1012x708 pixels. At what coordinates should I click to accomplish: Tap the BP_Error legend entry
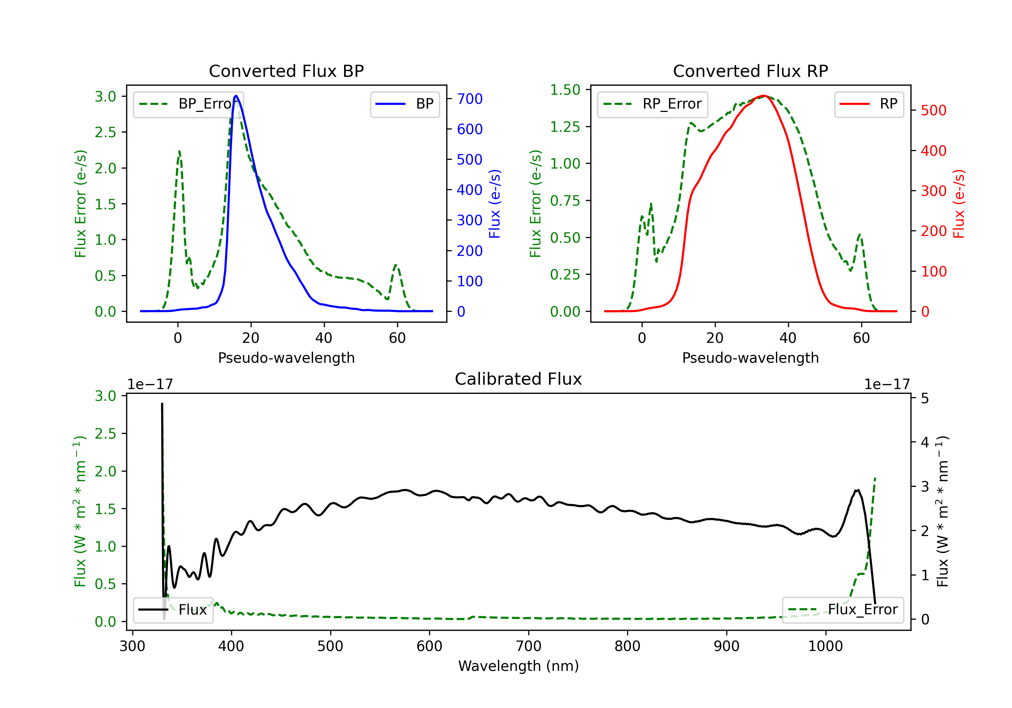[189, 104]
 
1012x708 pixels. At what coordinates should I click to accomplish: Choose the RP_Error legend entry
[652, 104]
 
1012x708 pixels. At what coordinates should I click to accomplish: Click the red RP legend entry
[869, 104]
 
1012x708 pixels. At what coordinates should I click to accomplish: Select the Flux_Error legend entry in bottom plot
[843, 610]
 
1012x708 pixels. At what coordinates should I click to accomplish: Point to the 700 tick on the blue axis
[470, 99]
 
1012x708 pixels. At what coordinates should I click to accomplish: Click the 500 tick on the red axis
[933, 111]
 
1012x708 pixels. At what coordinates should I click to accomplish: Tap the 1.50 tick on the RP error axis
[565, 90]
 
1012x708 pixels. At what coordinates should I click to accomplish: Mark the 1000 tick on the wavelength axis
[825, 646]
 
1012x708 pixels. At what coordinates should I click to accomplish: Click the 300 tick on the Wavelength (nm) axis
[132, 646]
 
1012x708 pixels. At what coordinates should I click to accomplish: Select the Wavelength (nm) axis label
[518, 666]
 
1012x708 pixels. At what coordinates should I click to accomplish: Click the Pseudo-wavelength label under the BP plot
[286, 358]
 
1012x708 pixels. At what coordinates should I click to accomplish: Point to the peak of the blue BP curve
[236, 96]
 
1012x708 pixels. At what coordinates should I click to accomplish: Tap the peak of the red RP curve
[763, 96]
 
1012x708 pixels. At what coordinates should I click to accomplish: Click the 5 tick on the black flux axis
[925, 399]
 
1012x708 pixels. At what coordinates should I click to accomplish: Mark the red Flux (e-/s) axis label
[959, 204]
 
